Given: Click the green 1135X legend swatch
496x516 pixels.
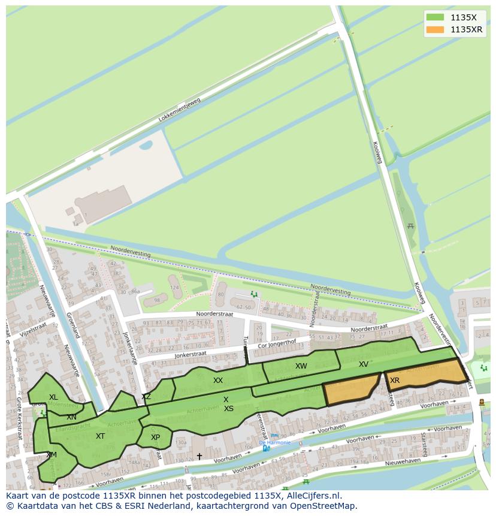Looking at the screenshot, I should tap(435, 17).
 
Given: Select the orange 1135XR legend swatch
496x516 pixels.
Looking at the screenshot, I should tap(435, 29).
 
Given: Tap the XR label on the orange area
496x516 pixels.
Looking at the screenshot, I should tap(395, 381).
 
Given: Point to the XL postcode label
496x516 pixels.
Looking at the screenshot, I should tap(54, 397).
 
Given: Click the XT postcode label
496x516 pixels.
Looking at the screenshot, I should tap(100, 436).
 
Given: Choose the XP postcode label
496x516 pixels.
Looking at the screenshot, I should tap(155, 437).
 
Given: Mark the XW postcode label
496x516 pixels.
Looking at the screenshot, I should tap(301, 366).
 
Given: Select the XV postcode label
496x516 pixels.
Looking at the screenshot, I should tap(364, 364).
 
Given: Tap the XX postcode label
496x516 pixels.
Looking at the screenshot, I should tap(218, 381).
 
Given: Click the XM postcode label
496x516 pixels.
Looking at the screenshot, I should tap(52, 455).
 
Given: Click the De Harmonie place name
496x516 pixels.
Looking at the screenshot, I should tap(275, 442).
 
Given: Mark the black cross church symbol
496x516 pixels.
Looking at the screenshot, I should tap(199, 457).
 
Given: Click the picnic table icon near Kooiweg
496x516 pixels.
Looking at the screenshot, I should tap(410, 226).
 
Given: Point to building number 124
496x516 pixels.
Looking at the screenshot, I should tap(175, 288).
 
